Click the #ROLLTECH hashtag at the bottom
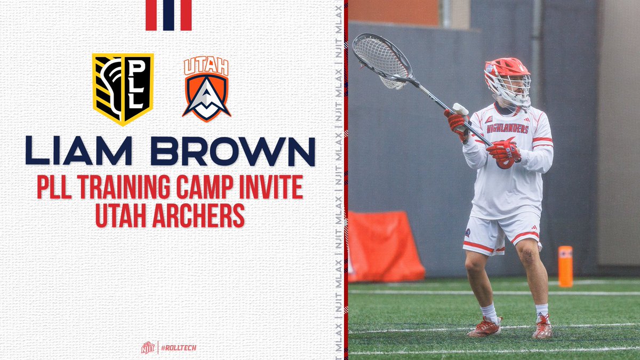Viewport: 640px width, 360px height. coord(179,348)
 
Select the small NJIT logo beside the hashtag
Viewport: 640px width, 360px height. coord(148,348)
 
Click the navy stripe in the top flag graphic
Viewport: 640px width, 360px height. coord(169,15)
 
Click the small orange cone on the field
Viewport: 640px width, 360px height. coord(565,266)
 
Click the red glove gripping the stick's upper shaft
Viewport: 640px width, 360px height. coord(458,122)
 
